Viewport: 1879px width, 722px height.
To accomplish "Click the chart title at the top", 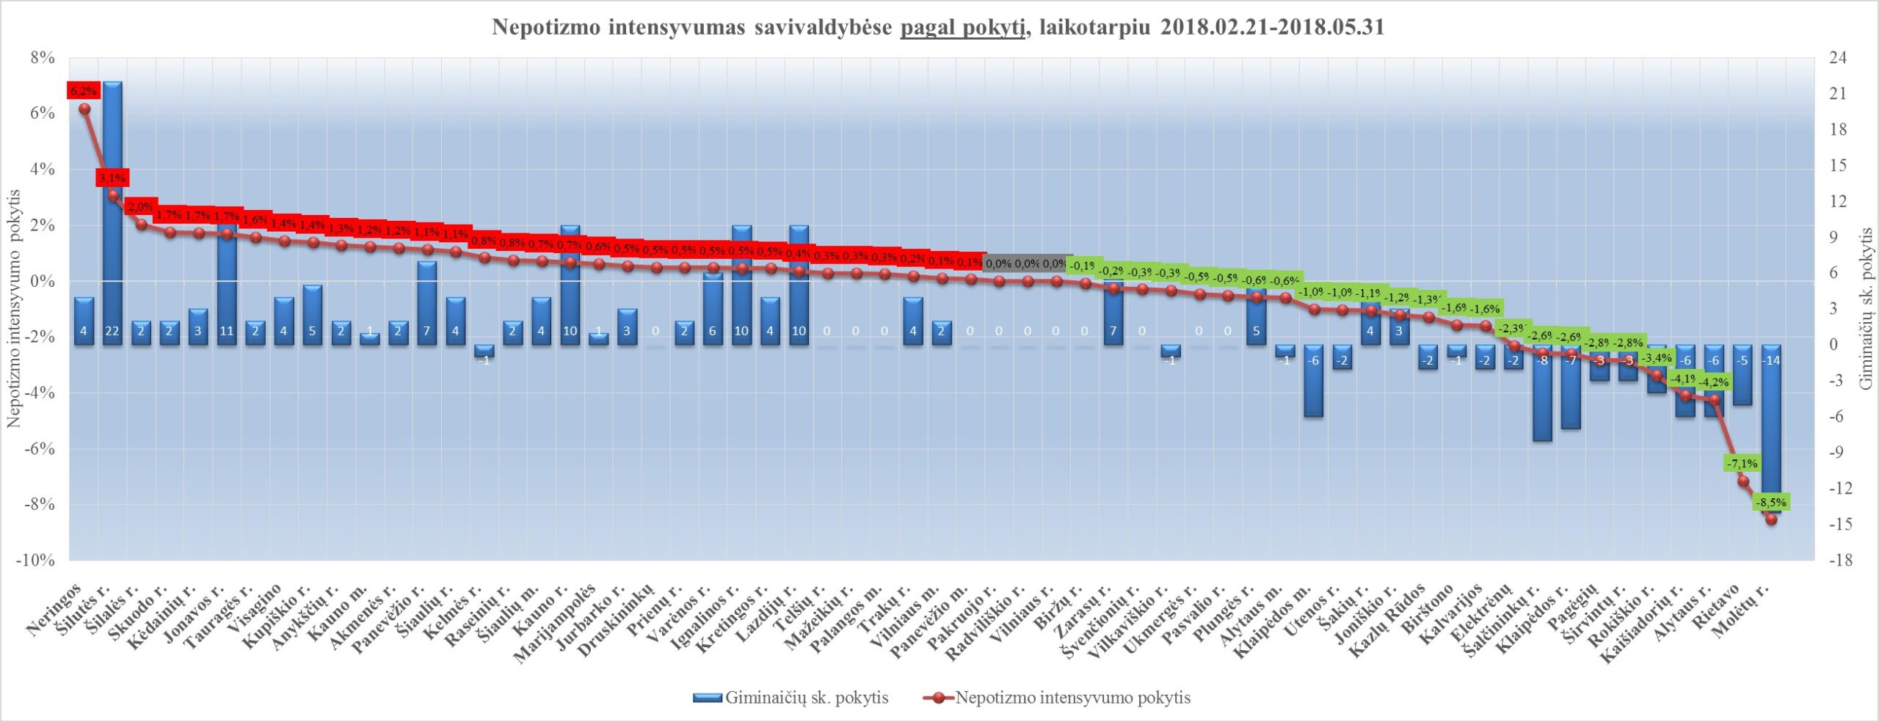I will point(938,28).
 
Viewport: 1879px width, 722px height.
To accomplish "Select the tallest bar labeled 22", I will point(112,213).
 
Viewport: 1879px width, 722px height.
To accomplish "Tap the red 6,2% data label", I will point(83,91).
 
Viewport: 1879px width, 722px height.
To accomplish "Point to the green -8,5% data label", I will point(1770,503).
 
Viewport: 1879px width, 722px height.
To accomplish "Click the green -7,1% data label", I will point(1742,464).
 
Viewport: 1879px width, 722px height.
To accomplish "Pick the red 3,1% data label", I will point(112,178).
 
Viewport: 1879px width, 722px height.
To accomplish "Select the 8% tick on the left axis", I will point(43,58).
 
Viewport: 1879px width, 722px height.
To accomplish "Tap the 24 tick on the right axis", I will point(1838,58).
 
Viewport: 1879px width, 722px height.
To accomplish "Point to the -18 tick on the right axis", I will point(1839,561).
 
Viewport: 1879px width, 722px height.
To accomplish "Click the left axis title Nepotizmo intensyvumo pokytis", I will point(14,308).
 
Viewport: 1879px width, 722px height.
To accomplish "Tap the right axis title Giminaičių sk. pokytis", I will point(1866,308).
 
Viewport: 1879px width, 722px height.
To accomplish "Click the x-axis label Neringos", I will point(55,613).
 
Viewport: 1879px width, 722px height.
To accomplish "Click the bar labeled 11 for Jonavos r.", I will point(227,286).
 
